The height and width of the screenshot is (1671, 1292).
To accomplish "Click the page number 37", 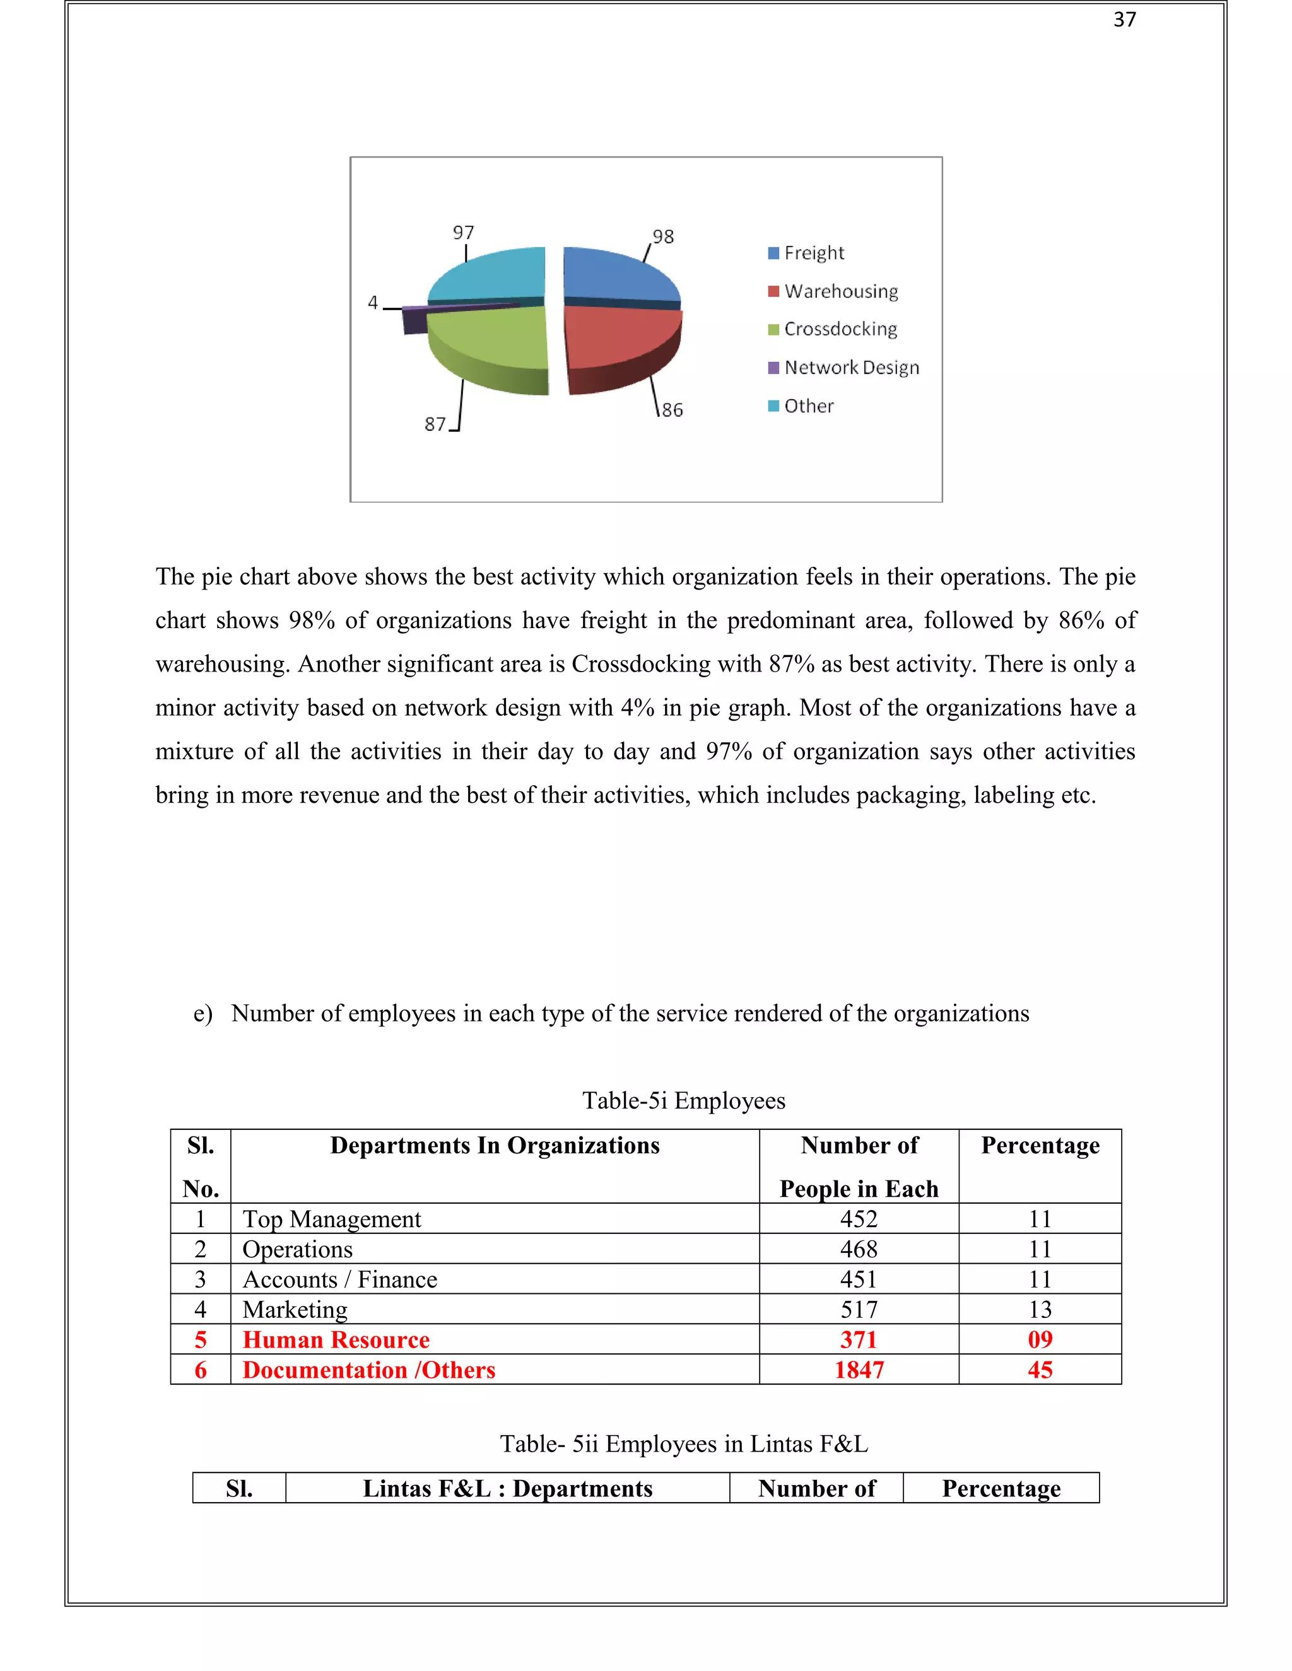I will [x=1124, y=20].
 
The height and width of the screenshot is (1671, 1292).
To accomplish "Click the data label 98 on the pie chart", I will [x=663, y=236].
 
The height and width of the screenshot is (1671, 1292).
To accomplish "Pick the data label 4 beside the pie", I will [x=373, y=302].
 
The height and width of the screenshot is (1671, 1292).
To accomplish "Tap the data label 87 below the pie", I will [x=435, y=424].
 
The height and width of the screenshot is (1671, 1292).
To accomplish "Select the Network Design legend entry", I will [x=850, y=368].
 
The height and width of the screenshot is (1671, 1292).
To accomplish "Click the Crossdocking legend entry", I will [x=840, y=330].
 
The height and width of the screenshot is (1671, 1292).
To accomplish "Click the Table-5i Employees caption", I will [x=683, y=1100].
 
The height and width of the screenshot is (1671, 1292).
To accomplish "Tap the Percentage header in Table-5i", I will [x=1040, y=1145].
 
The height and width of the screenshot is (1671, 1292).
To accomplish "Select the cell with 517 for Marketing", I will [x=859, y=1310].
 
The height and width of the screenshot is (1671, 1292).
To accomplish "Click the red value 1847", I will [x=859, y=1370].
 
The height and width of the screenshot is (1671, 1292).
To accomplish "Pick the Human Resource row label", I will [x=336, y=1340].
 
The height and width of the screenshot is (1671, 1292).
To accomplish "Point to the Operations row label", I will [x=298, y=1249].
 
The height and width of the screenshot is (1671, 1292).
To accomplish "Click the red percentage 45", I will [x=1040, y=1370].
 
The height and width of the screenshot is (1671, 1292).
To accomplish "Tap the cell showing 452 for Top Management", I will [x=859, y=1219].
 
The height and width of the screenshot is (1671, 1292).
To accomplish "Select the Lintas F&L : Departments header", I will [x=507, y=1489].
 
